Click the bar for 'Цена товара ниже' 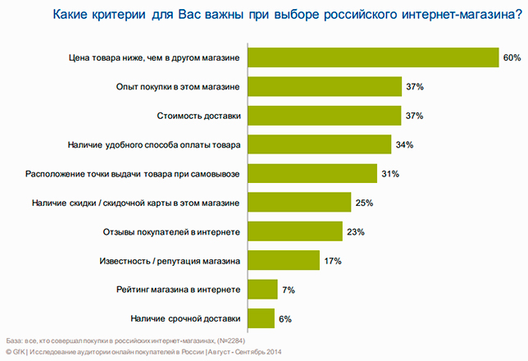[373, 57]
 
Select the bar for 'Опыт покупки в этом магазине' [325, 87]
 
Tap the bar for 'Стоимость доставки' [325, 116]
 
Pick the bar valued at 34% [320, 144]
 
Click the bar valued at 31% [312, 174]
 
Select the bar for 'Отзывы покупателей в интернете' [295, 231]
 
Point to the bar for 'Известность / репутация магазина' [284, 260]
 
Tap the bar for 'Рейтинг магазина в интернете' [262, 289]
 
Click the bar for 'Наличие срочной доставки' [261, 318]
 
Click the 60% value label [512, 57]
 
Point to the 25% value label [364, 203]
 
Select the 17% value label [333, 261]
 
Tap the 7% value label [289, 290]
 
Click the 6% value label [285, 319]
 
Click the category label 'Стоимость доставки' [198, 116]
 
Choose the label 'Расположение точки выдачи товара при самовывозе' [133, 174]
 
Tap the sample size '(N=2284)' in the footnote [231, 340]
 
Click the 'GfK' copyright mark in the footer [19, 352]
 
